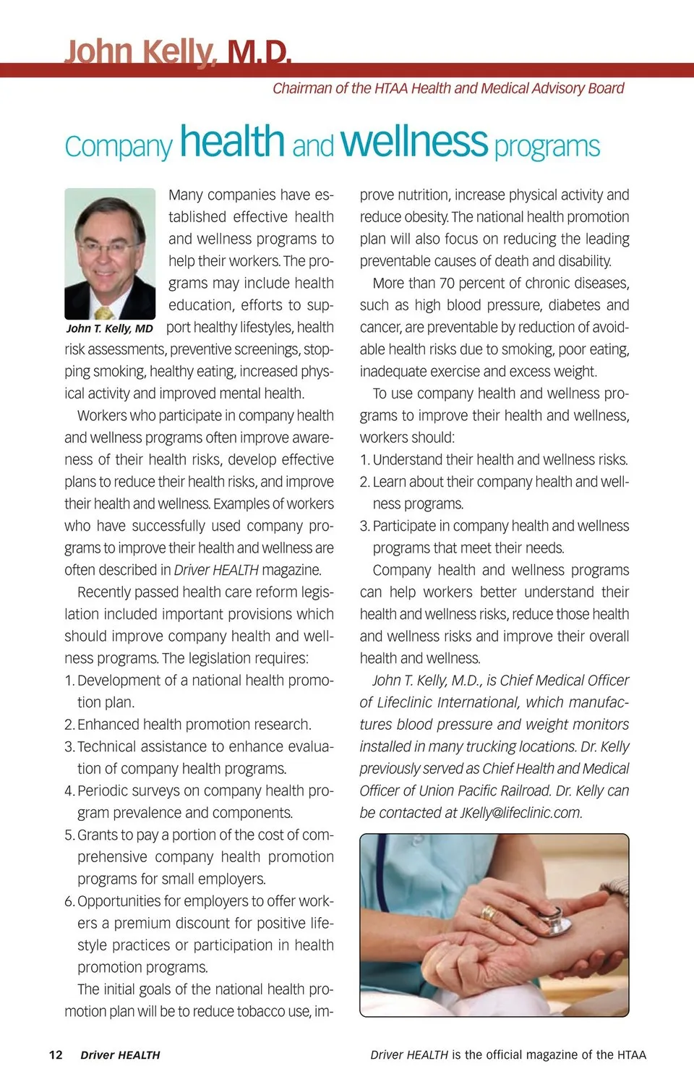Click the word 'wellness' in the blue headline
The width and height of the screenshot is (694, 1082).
[414, 142]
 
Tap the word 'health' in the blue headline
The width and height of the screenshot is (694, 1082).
[232, 142]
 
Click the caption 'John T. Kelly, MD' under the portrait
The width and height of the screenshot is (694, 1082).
[110, 328]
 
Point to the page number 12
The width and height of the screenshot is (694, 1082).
[56, 1055]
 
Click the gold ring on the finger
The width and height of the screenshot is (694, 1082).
[489, 913]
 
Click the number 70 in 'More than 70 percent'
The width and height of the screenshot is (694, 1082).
[448, 283]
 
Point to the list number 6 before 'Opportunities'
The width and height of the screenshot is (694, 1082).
[69, 901]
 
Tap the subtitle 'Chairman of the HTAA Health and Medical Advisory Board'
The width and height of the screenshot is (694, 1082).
[448, 88]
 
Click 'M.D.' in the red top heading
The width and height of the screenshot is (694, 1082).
[259, 52]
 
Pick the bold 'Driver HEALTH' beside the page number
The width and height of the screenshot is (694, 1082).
[120, 1055]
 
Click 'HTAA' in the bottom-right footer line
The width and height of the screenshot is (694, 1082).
[632, 1055]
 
